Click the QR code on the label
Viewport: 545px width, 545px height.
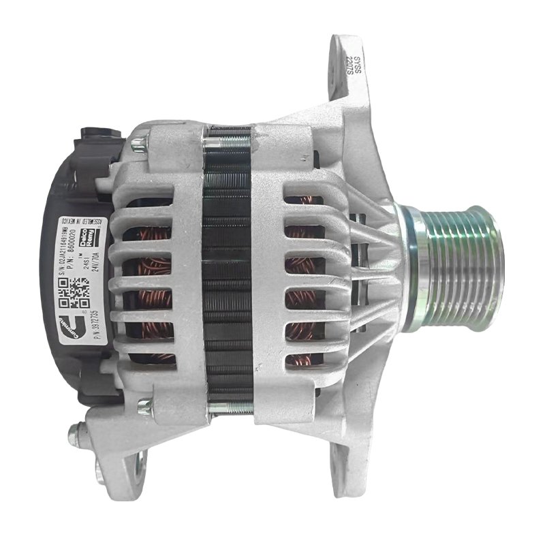click(74, 290)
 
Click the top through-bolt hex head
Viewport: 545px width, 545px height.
click(138, 144)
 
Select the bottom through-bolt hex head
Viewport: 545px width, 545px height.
click(144, 407)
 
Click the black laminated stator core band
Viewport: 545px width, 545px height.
click(229, 272)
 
